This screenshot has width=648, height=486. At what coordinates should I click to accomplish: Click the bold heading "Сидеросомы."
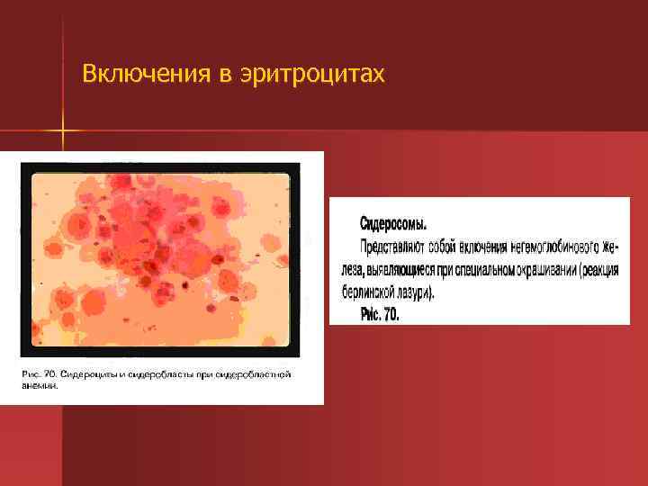393,222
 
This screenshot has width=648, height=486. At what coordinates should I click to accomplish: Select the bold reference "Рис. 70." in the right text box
379,315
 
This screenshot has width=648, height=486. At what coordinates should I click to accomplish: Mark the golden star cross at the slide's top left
64,132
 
